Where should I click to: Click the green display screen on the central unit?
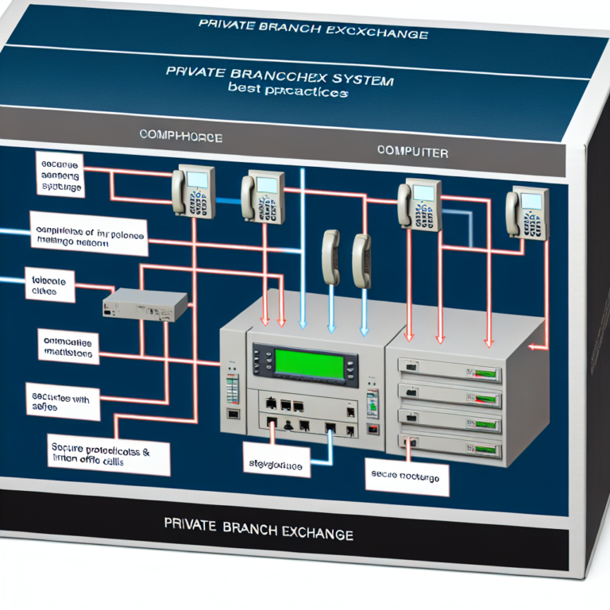309,364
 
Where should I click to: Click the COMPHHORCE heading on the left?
180,137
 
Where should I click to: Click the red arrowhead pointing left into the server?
535,346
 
